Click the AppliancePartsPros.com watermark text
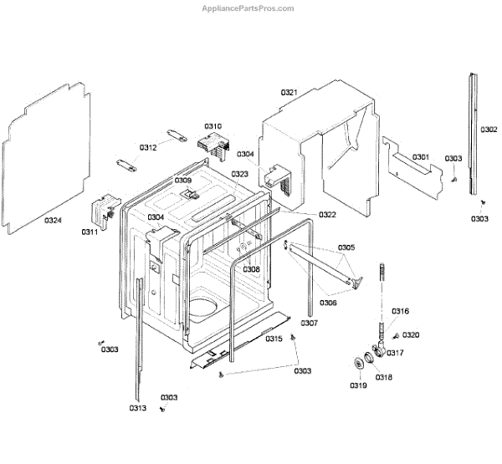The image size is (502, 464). pos(249,8)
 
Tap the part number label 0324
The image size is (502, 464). pos(53,221)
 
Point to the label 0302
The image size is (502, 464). pos(489,130)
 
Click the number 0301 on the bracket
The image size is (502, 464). pos(420,157)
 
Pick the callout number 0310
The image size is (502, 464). pos(213,125)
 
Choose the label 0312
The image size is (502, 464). pos(147,147)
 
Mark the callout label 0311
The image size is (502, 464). pos(90,232)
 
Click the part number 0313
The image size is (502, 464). pos(138,408)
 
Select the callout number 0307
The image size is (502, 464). pos(309,323)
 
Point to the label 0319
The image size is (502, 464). pos(358,385)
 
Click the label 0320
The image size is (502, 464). pos(410,335)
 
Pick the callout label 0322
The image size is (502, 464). pos(327,215)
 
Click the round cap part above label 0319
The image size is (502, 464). pos(360,362)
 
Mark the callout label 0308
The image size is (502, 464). pos(251,269)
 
